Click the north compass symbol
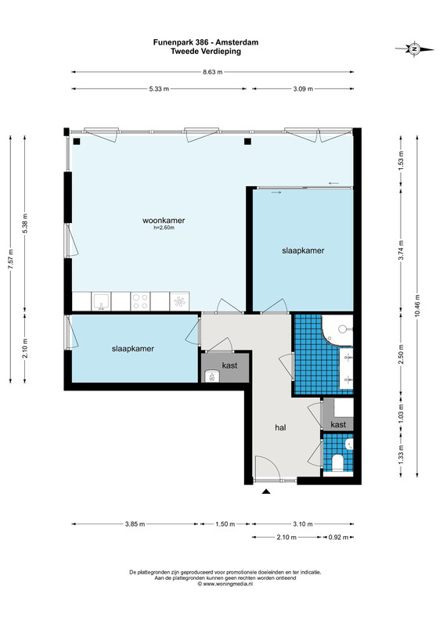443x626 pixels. [415, 49]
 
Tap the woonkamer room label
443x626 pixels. [164, 221]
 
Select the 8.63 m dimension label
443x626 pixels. [213, 72]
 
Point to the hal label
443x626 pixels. [280, 427]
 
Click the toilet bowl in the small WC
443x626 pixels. [337, 463]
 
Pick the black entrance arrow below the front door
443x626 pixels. [266, 491]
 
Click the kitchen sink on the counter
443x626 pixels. [101, 301]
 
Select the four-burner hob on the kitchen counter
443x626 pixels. [140, 301]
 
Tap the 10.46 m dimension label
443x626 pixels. [417, 306]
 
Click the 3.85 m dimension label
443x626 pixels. [135, 523]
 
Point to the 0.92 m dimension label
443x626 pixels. [338, 537]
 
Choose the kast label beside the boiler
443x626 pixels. [229, 365]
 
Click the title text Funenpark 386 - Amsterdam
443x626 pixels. [206, 42]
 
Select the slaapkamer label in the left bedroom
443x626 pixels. [132, 348]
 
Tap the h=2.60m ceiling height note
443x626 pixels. [164, 228]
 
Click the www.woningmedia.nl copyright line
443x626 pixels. [225, 584]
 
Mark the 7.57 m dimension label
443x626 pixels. [11, 259]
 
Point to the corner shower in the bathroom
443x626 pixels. [337, 329]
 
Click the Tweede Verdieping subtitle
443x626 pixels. [206, 51]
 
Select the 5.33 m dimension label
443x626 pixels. [159, 88]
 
